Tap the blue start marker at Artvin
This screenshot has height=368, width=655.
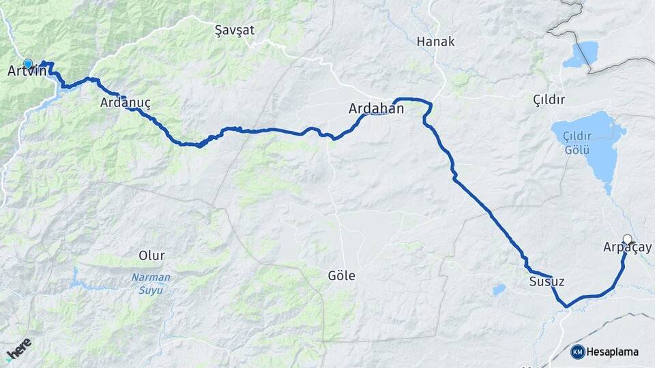(x=28, y=63)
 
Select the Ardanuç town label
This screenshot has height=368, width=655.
(x=125, y=104)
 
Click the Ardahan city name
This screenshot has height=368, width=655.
(x=376, y=108)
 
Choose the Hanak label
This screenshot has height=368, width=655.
(x=435, y=42)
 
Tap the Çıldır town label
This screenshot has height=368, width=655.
(x=549, y=100)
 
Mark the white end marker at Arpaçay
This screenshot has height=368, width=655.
(x=628, y=239)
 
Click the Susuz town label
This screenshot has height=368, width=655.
(x=547, y=281)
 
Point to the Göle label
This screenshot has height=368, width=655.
(x=341, y=275)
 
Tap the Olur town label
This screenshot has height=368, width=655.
(x=151, y=256)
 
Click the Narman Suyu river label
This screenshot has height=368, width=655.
(x=151, y=283)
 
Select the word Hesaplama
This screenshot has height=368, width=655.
(x=613, y=352)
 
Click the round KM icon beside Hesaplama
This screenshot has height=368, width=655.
(x=578, y=352)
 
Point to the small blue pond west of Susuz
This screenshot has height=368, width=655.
(x=499, y=289)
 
